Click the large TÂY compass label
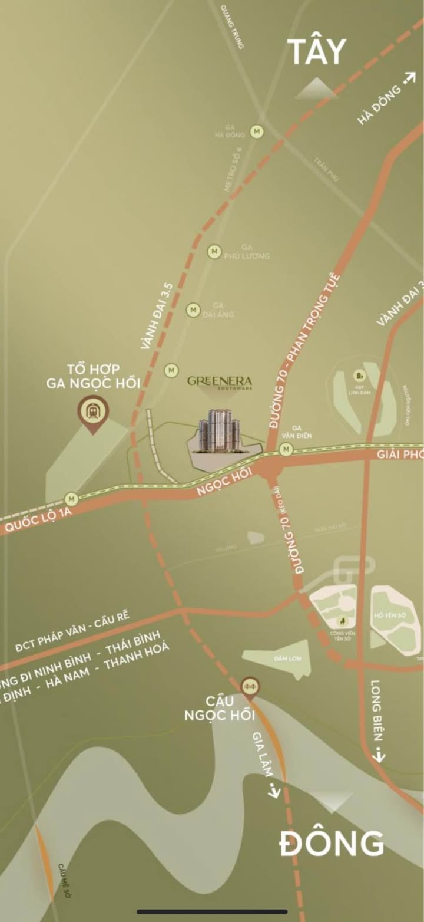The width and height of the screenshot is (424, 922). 317,52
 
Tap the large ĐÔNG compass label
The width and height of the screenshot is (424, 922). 332,844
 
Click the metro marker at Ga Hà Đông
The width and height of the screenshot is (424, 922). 257,131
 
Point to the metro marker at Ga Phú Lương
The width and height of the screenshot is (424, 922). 214,252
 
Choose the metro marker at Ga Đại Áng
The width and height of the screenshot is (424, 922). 193,309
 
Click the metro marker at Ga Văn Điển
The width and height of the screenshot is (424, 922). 286,450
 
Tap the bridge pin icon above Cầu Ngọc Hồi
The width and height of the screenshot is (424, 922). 250,686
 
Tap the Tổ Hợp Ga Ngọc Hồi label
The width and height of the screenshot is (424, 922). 93,376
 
